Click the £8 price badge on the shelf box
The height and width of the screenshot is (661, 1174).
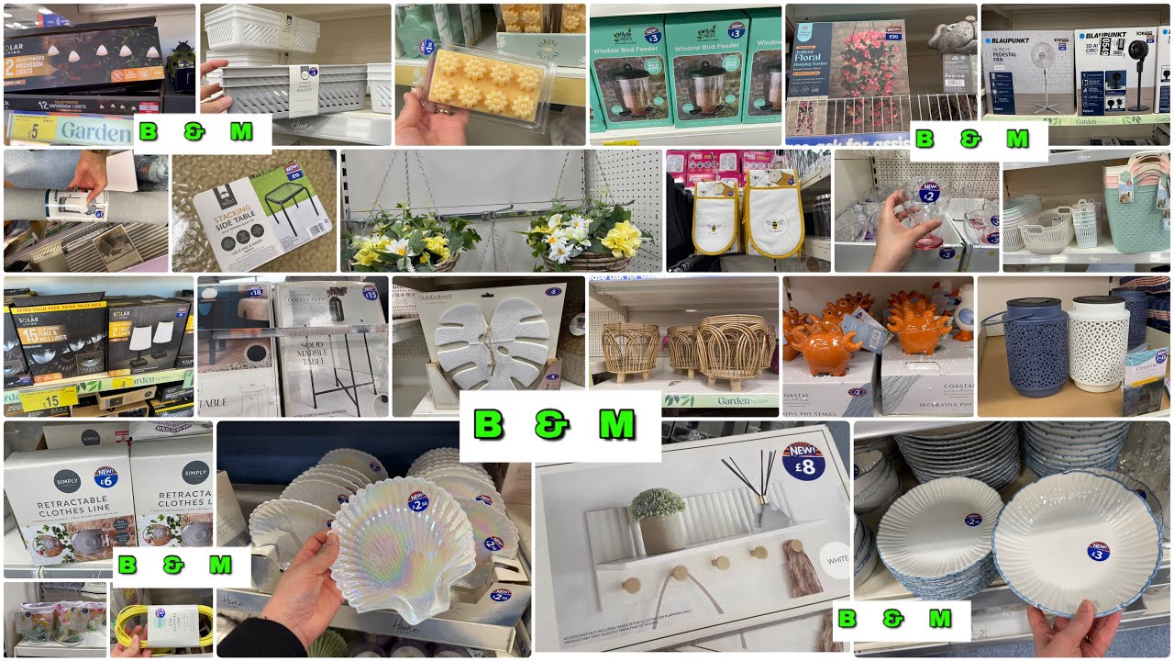pos(804,461)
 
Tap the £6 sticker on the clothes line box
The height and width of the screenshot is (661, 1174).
pos(106,476)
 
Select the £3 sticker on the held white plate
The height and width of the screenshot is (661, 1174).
pos(1098,550)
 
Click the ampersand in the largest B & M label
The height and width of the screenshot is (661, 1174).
pos(553,425)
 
